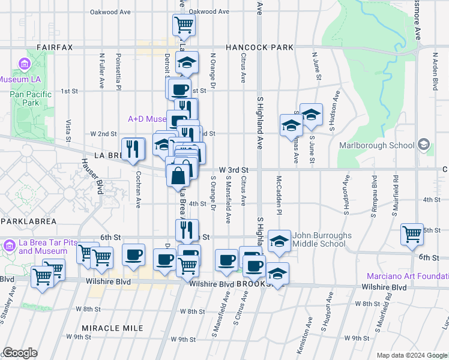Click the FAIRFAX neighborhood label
[x=54, y=47]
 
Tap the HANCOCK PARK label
[x=259, y=47]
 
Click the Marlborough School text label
[x=376, y=145]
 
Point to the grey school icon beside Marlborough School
[x=424, y=145]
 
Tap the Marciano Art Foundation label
[x=408, y=276]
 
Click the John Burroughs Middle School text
[x=323, y=240]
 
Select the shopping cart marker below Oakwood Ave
[x=184, y=25]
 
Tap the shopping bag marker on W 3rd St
[x=179, y=177]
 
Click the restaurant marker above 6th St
[x=187, y=229]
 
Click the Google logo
[x=20, y=353]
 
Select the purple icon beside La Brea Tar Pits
[x=9, y=246]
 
